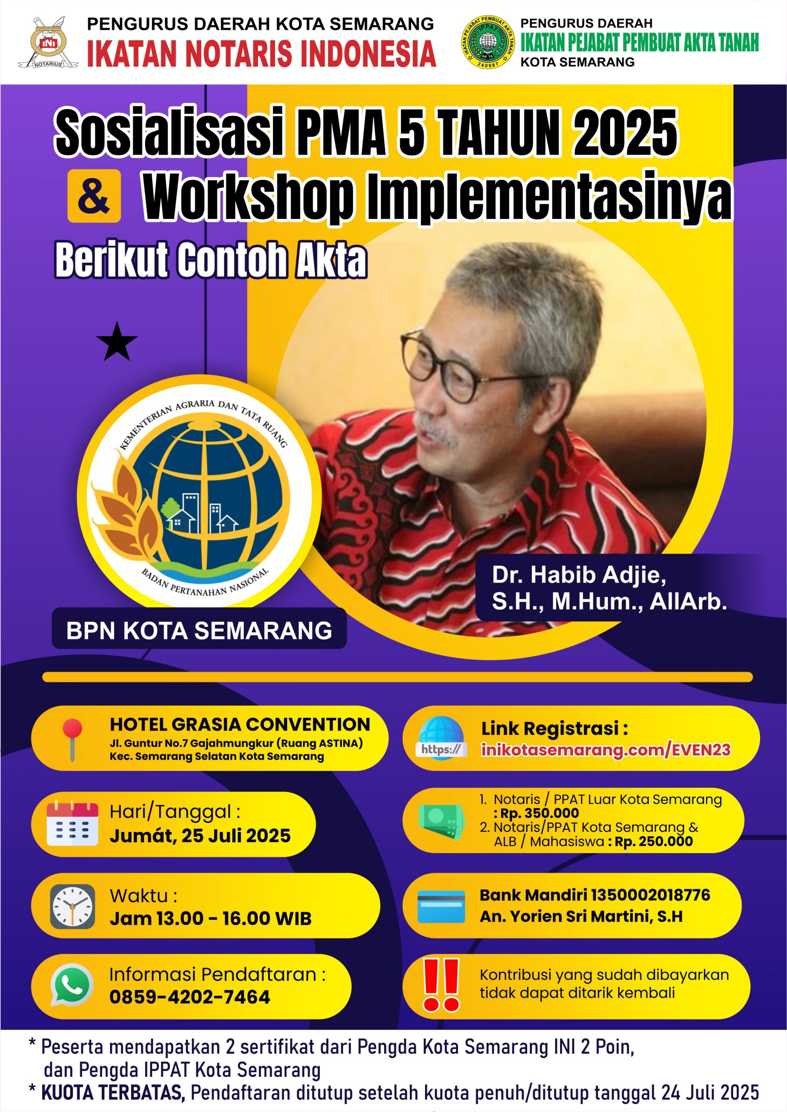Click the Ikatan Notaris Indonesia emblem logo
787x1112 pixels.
pos(48,43)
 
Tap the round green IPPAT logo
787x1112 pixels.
pos(487,42)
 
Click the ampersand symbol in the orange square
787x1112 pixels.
pos(94,196)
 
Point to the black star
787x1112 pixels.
pos(117,342)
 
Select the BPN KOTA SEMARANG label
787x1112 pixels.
pos(199,631)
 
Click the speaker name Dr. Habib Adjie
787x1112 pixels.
pos(579,575)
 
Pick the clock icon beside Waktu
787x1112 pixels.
pos(73,906)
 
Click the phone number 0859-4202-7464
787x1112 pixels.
pos(189,997)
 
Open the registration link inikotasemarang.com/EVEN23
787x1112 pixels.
pos(606,750)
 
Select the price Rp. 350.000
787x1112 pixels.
pos(539,813)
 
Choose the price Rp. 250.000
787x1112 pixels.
pos(654,841)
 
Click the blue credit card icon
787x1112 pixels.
pos(441,906)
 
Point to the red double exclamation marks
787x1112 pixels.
pos(441,985)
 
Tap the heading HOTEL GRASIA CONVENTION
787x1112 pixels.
pos(240,725)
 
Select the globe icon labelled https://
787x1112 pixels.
pos(442,738)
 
